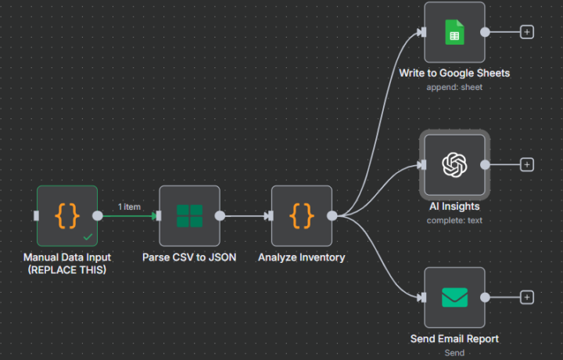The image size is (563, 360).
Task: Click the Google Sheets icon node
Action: pyautogui.click(x=454, y=33)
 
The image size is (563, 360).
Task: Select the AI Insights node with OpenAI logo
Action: pyautogui.click(x=454, y=164)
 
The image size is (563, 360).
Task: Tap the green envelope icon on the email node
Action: pyautogui.click(x=454, y=297)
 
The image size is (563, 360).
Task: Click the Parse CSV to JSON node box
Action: pyautogui.click(x=188, y=216)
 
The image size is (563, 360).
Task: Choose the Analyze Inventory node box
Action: pyautogui.click(x=302, y=216)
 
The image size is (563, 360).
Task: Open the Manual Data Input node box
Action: pyautogui.click(x=67, y=216)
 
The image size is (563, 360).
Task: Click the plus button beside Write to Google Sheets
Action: pyautogui.click(x=527, y=32)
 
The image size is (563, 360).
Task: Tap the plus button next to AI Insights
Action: pyautogui.click(x=527, y=164)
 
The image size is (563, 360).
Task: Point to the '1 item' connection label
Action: pyautogui.click(x=129, y=207)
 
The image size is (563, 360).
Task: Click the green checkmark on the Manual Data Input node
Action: pyautogui.click(x=88, y=236)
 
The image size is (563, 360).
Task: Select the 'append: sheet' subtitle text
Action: pyautogui.click(x=454, y=87)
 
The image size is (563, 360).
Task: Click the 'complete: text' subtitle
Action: pyautogui.click(x=454, y=220)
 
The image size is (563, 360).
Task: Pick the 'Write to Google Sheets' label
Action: pyautogui.click(x=454, y=73)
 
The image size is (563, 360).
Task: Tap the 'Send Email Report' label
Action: pyautogui.click(x=454, y=339)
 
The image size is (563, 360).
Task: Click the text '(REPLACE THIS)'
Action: pyautogui.click(x=67, y=270)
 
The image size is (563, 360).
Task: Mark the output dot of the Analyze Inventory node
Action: pyautogui.click(x=332, y=216)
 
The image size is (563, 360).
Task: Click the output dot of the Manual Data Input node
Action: pyautogui.click(x=98, y=216)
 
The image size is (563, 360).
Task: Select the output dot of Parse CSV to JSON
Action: pyautogui.click(x=220, y=216)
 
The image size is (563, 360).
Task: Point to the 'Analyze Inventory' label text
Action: pyautogui.click(x=302, y=257)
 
